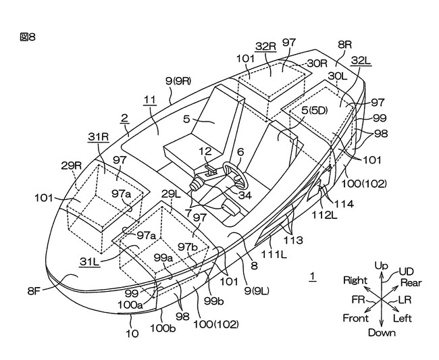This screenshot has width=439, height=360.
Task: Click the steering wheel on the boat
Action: tap(236, 176)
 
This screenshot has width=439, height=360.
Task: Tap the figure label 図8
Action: tap(28, 36)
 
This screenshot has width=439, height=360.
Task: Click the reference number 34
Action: tap(245, 195)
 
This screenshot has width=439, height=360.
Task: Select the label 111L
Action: tap(274, 254)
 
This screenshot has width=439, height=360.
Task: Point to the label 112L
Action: tap(325, 215)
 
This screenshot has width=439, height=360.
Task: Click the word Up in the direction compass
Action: tap(382, 265)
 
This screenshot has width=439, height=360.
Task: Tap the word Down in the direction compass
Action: tap(382, 333)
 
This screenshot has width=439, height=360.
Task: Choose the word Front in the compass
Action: tap(355, 318)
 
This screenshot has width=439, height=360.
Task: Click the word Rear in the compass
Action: tap(411, 283)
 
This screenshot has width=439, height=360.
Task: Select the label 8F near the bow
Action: tap(34, 291)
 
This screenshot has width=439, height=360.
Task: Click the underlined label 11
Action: tap(150, 100)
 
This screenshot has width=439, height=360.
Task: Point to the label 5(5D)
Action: tap(315, 111)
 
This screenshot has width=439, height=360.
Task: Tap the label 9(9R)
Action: tap(178, 81)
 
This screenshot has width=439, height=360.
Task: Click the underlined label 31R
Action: tap(99, 137)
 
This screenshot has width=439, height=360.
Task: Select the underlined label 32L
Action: tap(361, 61)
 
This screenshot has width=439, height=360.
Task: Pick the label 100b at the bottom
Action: tap(163, 328)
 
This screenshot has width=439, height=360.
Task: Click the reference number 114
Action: tap(343, 204)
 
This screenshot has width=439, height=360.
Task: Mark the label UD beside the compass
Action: tap(406, 272)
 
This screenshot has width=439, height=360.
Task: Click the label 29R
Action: tap(72, 165)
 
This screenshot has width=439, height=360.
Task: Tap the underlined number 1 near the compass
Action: tap(313, 276)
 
